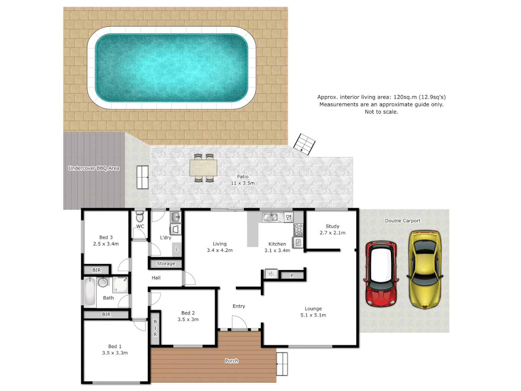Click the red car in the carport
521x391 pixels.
click(x=381, y=274)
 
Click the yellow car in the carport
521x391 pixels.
click(x=425, y=269)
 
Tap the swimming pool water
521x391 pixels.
click(x=171, y=68)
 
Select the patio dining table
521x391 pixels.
click(x=203, y=168)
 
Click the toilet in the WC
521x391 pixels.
click(x=140, y=217)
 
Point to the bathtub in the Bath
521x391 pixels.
click(x=90, y=291)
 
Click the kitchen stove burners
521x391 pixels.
click(x=298, y=230)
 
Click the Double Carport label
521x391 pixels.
click(x=402, y=221)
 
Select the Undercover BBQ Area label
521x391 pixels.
click(x=94, y=168)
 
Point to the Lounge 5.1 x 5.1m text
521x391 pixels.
click(x=313, y=312)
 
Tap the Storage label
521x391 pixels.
click(x=166, y=264)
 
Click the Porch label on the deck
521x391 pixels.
click(x=232, y=361)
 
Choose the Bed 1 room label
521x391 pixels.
click(x=115, y=349)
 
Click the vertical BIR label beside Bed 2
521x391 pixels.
click(x=155, y=328)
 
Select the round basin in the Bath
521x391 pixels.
click(x=103, y=282)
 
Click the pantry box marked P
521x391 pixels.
click(x=292, y=276)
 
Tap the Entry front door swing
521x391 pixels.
click(x=239, y=323)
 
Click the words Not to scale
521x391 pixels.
click(x=381, y=112)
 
